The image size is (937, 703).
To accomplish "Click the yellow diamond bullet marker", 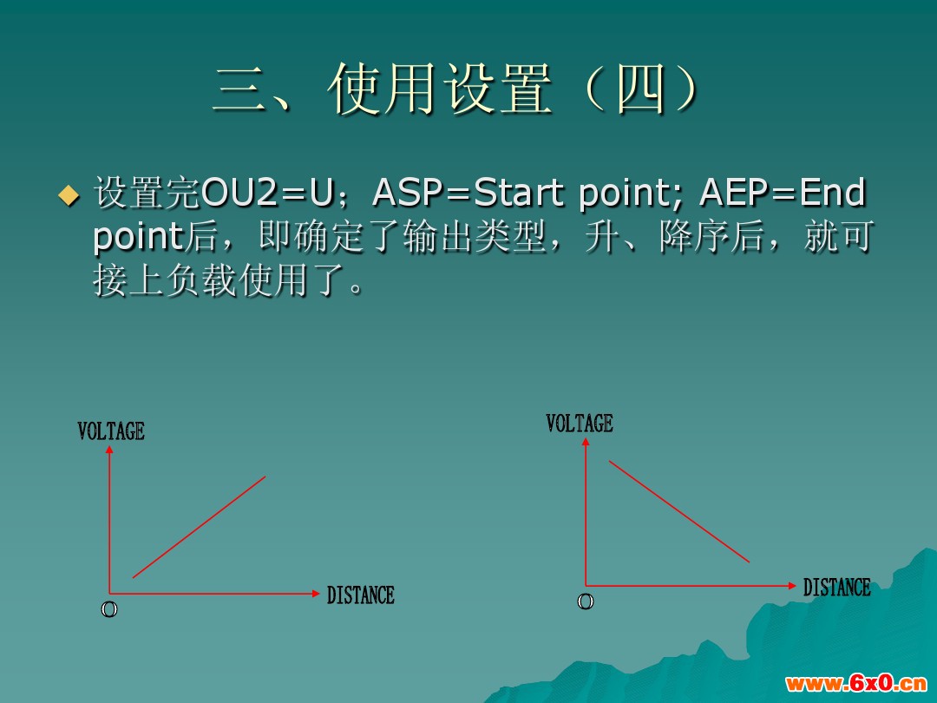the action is tap(69, 195).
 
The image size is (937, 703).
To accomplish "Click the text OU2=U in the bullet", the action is tap(268, 193).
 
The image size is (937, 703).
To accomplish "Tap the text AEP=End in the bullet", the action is tap(783, 193).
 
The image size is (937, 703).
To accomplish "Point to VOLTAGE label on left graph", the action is tap(111, 431).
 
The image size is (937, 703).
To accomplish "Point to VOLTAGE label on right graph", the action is tap(580, 424).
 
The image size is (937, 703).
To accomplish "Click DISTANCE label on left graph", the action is tap(360, 595).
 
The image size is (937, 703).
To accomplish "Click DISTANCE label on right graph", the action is tap(836, 587).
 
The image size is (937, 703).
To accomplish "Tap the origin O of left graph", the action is tap(109, 610).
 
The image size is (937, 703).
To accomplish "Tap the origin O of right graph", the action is tap(586, 601).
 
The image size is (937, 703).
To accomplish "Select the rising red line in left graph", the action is tap(199, 527).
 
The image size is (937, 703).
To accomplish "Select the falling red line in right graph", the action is tap(678, 511).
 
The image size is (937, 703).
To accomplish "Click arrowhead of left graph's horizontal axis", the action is tap(317, 594).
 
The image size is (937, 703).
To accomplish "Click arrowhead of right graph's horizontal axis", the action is tap(792, 586).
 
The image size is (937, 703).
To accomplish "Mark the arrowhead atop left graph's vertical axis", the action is tap(109, 449).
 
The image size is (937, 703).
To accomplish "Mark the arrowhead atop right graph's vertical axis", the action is tap(586, 441).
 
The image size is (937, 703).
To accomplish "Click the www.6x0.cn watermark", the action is tap(855, 683).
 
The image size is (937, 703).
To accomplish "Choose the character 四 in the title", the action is tap(640, 89).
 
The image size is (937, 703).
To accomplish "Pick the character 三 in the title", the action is tap(240, 89).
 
